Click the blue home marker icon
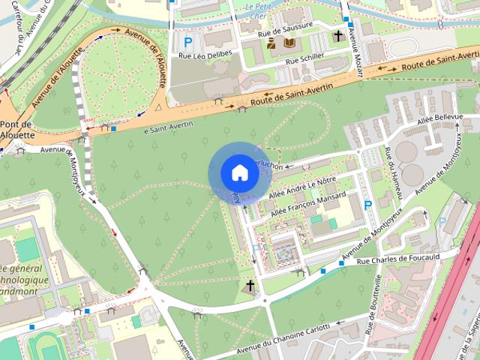[239, 173]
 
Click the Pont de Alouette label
[16, 129]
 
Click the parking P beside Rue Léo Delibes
[188, 43]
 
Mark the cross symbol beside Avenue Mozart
[338, 35]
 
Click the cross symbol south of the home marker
[250, 286]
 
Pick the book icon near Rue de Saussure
[289, 43]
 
